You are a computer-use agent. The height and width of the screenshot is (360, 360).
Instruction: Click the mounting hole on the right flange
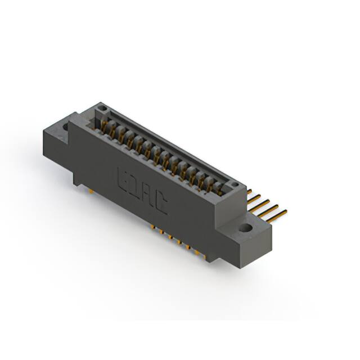pyautogui.click(x=246, y=228)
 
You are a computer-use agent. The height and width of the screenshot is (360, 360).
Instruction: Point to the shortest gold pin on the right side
pyautogui.click(x=249, y=192)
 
